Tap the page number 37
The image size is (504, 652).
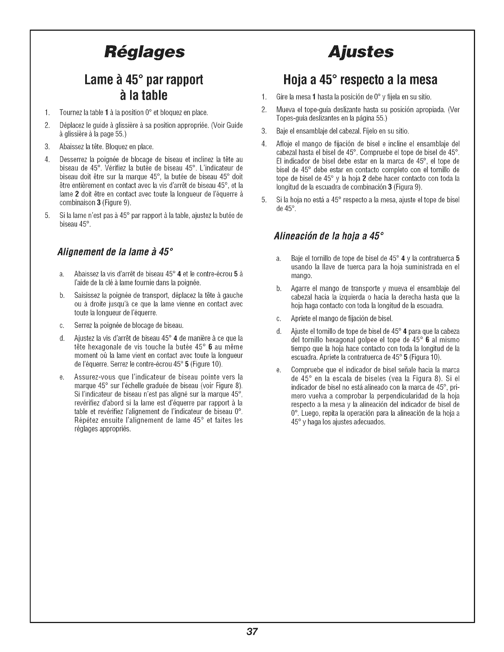tap(252, 631)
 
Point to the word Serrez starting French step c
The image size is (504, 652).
tap(82, 326)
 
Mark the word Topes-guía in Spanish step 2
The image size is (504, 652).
tap(290, 118)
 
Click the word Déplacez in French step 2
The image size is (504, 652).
tap(71, 125)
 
